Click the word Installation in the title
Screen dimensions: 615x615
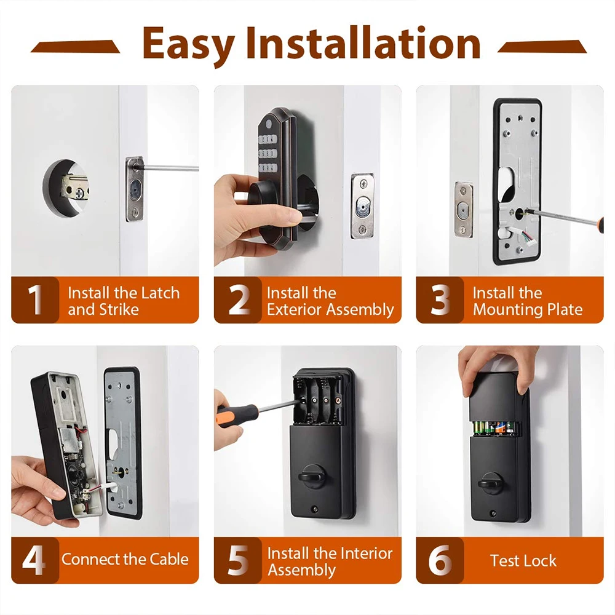(363, 44)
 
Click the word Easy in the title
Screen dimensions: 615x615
(188, 44)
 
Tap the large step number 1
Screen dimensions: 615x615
(36, 300)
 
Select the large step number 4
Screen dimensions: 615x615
(34, 560)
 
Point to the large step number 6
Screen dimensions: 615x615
(440, 560)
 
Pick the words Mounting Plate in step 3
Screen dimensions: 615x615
(527, 309)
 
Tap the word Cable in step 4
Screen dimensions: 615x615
(167, 560)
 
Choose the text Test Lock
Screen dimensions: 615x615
(523, 560)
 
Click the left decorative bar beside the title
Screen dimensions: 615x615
(76, 46)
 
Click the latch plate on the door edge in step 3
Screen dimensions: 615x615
(464, 209)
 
